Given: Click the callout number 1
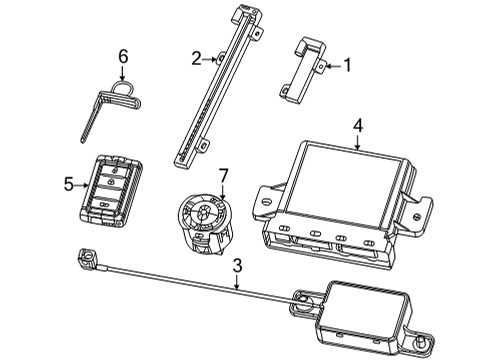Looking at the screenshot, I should [348, 66].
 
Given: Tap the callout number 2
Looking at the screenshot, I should [197, 58].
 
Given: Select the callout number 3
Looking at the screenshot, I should [236, 266].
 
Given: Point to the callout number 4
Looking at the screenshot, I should [357, 126].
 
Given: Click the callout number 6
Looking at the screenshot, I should [123, 58].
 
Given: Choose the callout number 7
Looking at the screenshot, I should [224, 177].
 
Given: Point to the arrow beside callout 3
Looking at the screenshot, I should [236, 284].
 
